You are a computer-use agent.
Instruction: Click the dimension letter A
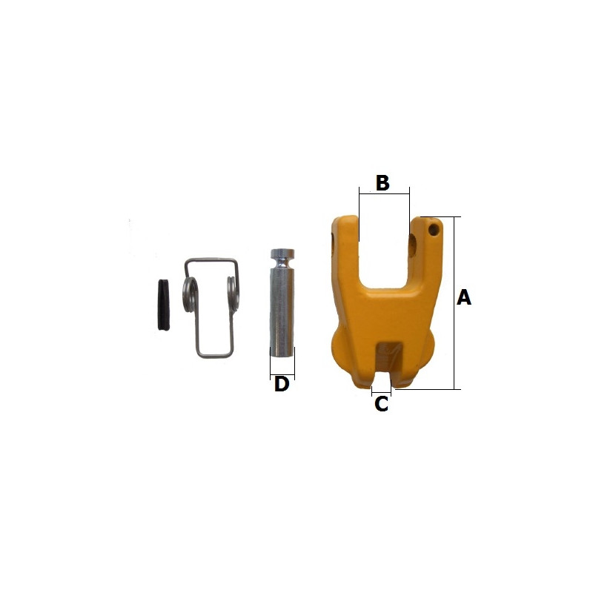tap(464, 297)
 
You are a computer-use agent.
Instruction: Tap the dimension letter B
tap(382, 182)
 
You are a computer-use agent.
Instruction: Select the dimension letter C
tap(381, 404)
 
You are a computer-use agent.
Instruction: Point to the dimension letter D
tap(282, 384)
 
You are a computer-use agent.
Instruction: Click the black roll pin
tap(163, 305)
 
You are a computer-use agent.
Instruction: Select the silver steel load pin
tap(282, 303)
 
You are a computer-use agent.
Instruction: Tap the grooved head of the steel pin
tap(282, 254)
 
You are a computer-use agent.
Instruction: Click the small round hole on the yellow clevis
tap(434, 229)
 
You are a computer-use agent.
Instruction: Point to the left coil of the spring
tap(191, 295)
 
